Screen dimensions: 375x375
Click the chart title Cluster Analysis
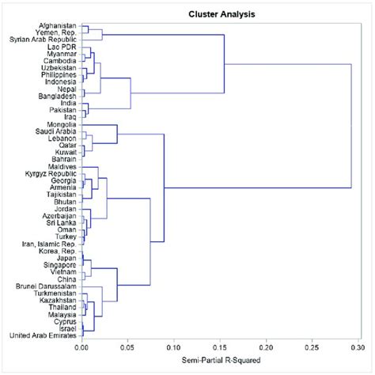point(216,13)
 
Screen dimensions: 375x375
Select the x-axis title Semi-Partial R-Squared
point(216,363)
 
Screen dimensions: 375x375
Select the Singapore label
point(58,264)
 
